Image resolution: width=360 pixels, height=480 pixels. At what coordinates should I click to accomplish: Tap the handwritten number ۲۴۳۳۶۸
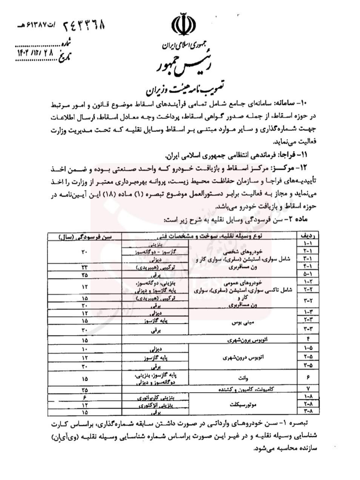(83, 26)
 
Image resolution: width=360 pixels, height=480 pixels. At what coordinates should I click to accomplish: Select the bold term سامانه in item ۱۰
(288, 103)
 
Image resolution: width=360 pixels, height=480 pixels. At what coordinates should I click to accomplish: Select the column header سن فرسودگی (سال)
(85, 236)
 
